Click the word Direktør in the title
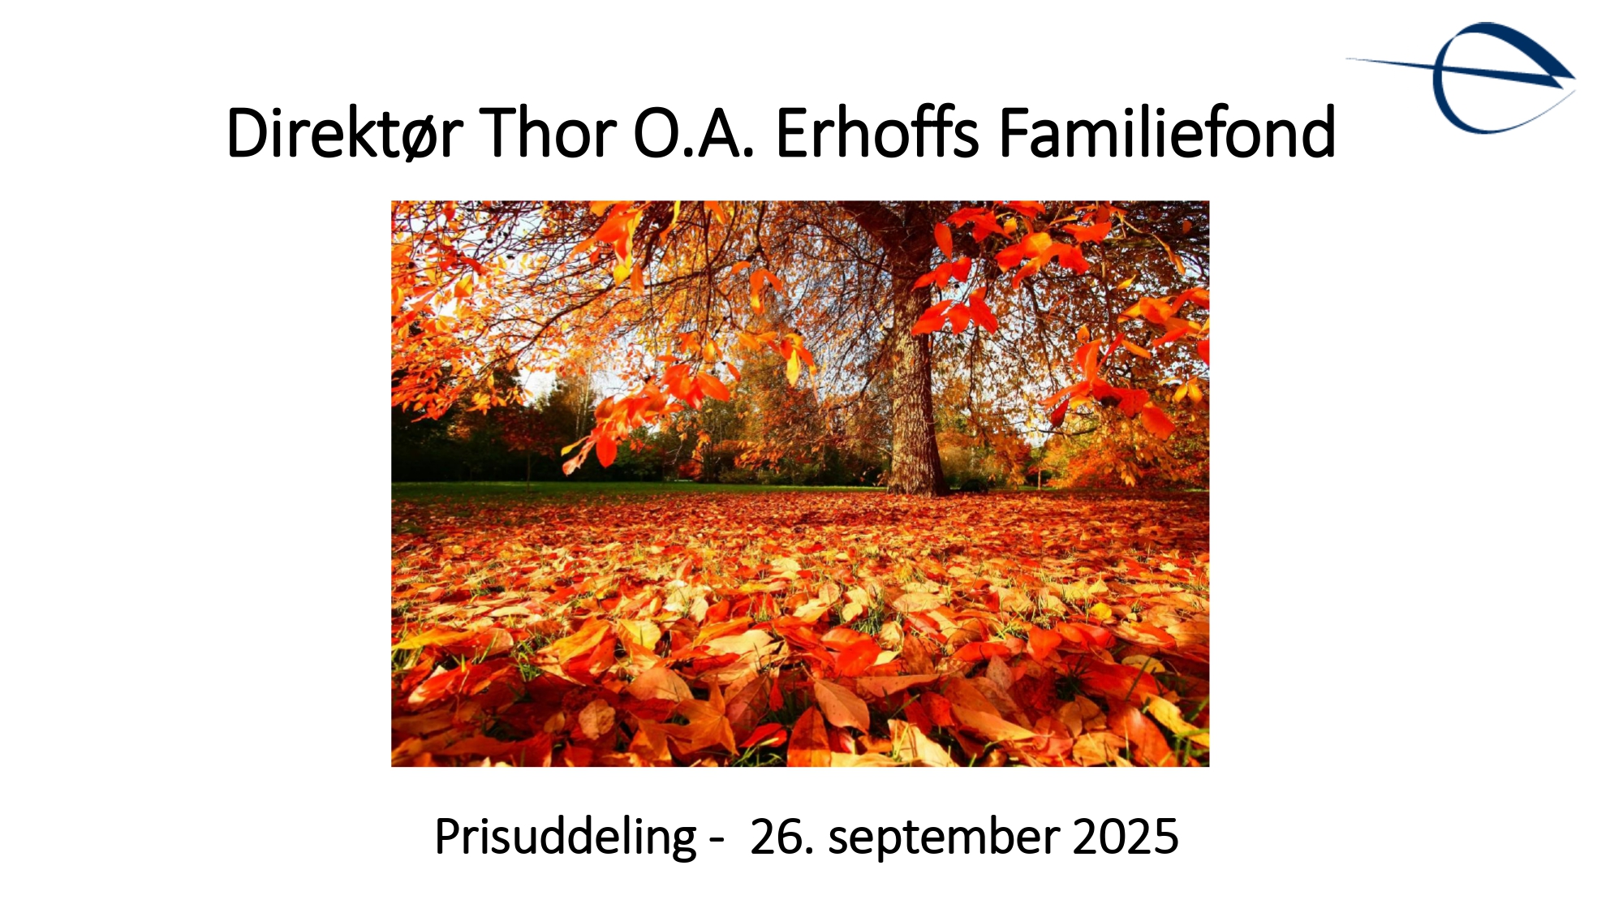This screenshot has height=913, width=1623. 344,132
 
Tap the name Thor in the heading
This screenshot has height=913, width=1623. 548,132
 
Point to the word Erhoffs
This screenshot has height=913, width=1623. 877,131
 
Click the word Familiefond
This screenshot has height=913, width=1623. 1167,131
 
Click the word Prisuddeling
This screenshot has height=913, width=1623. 566,838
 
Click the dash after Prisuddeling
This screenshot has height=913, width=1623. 716,842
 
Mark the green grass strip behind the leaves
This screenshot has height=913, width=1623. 633,489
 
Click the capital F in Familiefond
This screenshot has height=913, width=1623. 1015,132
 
